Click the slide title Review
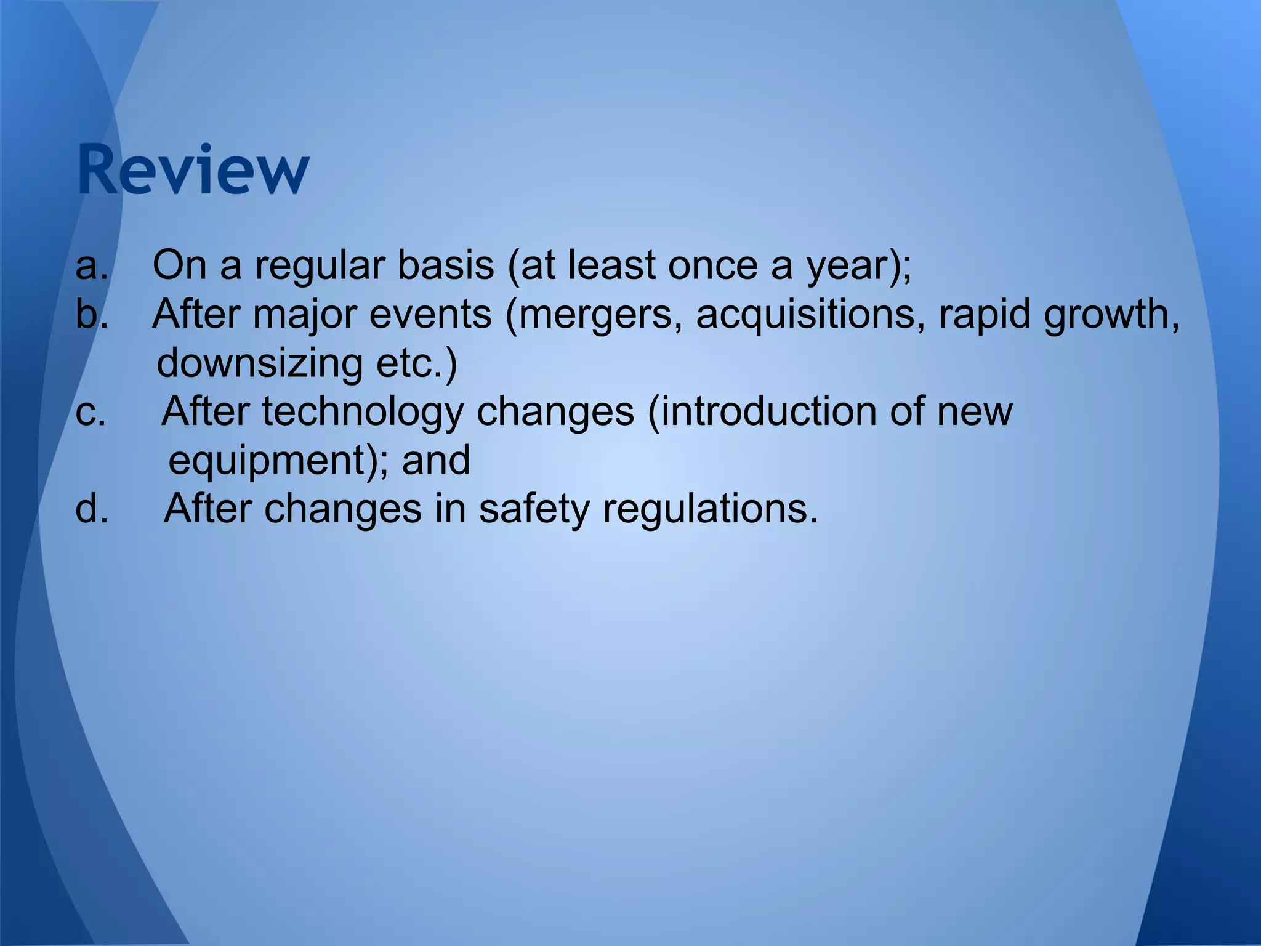(x=193, y=170)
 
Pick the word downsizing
(x=259, y=364)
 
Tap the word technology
(x=363, y=413)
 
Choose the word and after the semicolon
(x=436, y=461)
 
